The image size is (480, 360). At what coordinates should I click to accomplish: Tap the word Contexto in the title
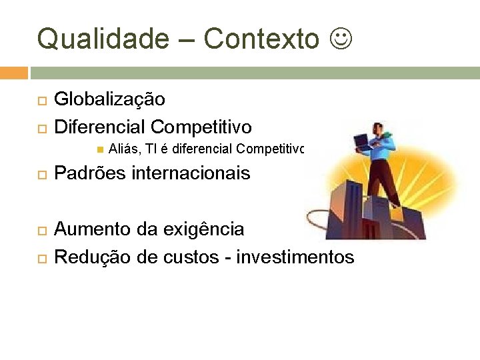click(261, 39)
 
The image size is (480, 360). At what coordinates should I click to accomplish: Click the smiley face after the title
click(339, 39)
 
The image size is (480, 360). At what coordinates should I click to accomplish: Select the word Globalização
click(109, 100)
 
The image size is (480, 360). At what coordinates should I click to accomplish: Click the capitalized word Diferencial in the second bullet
click(99, 127)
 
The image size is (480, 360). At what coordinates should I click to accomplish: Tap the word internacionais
click(191, 174)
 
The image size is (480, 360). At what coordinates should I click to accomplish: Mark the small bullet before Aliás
click(99, 149)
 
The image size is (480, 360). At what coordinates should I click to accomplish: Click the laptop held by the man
click(364, 142)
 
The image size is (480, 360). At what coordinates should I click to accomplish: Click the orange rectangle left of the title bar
click(14, 73)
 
